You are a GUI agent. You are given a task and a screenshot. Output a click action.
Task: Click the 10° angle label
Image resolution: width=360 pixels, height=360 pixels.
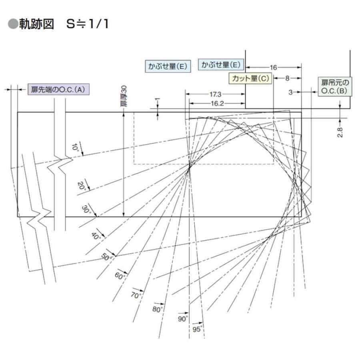(x=75, y=147)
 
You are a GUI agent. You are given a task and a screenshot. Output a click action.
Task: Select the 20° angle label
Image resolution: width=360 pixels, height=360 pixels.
(x=82, y=186)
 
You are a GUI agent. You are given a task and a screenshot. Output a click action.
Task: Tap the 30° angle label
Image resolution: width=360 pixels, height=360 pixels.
(x=86, y=209)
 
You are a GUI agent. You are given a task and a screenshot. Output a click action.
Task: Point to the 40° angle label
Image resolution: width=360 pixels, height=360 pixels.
(x=96, y=236)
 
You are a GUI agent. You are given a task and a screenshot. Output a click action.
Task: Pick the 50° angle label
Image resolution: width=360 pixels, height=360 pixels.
(x=106, y=257)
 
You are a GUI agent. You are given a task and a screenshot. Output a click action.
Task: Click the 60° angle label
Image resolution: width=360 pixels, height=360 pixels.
(x=120, y=276)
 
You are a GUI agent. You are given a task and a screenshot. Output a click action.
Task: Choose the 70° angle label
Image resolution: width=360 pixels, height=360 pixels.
(x=136, y=295)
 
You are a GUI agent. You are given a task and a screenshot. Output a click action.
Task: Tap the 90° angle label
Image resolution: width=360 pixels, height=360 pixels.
(x=183, y=319)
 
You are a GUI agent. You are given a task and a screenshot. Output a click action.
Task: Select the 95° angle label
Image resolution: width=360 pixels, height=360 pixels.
(x=198, y=329)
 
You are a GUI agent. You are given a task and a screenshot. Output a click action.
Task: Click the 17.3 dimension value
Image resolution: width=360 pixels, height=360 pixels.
(x=215, y=94)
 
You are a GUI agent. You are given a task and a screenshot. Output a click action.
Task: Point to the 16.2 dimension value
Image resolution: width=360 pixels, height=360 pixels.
(x=217, y=104)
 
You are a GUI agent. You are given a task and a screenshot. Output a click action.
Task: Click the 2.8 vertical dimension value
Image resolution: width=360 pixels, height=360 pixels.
(x=340, y=132)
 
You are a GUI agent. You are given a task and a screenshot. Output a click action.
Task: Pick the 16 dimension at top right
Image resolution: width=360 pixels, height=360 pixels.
(x=273, y=68)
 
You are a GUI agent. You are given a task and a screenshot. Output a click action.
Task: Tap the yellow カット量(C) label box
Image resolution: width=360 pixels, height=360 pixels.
(x=250, y=78)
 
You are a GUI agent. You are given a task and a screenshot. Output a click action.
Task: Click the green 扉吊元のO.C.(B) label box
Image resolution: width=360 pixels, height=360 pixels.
(x=335, y=86)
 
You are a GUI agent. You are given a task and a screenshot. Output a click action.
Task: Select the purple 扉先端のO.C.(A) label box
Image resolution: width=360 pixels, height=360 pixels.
(x=58, y=89)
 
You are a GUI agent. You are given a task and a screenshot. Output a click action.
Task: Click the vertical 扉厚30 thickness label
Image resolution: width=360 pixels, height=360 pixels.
(x=124, y=96)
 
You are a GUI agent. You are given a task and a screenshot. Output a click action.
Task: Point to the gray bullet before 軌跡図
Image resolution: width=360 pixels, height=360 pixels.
(x=13, y=24)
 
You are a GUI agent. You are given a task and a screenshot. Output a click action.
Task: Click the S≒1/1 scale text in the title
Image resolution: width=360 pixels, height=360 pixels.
(x=88, y=24)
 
